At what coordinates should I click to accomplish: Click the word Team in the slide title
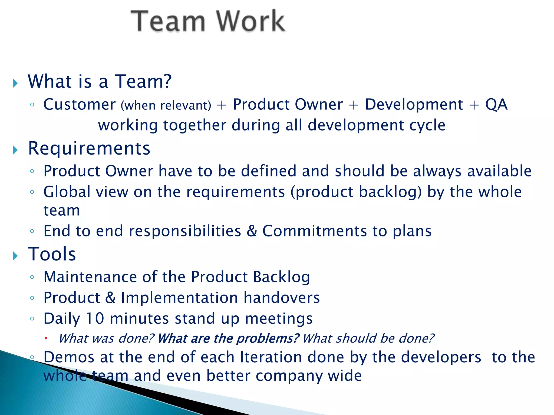click(168, 21)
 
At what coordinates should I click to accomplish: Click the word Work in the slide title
click(250, 21)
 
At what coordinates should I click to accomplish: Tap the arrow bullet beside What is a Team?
click(15, 83)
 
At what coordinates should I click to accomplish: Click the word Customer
click(80, 105)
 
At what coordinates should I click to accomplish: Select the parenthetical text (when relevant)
click(166, 105)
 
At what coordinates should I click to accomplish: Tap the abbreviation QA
click(496, 105)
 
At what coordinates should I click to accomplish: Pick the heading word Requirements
click(89, 149)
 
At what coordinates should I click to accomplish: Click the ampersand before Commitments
click(252, 231)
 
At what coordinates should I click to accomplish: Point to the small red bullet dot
click(46, 338)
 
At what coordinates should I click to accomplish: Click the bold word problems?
click(268, 339)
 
